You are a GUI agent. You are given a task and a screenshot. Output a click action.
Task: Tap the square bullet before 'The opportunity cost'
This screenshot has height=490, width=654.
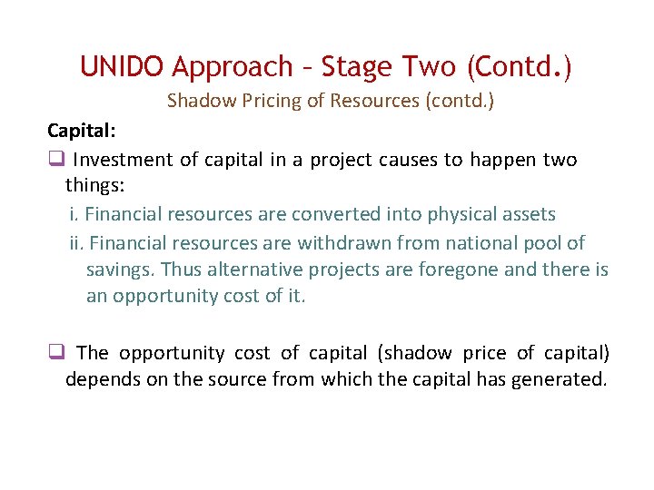pyautogui.click(x=55, y=353)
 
